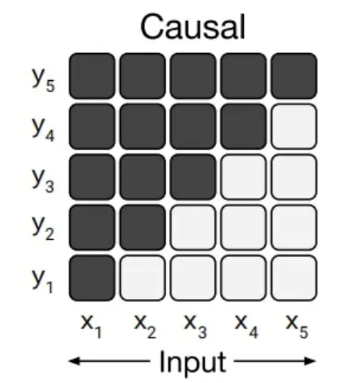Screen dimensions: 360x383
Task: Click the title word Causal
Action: click(x=192, y=26)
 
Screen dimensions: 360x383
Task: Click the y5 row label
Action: click(x=44, y=79)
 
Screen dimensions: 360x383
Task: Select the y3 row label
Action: click(x=44, y=180)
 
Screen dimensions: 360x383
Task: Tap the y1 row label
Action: click(x=42, y=281)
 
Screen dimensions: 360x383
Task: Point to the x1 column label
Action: click(x=91, y=326)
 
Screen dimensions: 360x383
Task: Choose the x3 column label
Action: click(x=196, y=326)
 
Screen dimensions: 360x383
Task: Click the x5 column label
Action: click(x=297, y=326)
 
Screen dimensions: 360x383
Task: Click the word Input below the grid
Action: click(x=192, y=362)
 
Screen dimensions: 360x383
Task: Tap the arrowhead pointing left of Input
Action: click(x=74, y=361)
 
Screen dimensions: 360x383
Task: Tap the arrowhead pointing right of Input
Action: click(x=310, y=361)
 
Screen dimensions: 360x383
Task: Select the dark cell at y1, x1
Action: click(x=92, y=278)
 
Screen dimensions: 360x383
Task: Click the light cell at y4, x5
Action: click(x=294, y=126)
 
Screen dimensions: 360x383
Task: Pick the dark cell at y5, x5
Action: click(x=294, y=76)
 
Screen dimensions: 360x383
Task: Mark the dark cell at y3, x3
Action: click(x=193, y=177)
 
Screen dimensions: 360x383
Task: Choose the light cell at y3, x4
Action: click(x=243, y=177)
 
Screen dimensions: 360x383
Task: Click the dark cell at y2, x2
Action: click(x=143, y=227)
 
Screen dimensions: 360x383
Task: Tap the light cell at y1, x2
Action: click(x=143, y=278)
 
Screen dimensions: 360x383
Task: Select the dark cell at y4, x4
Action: click(x=243, y=126)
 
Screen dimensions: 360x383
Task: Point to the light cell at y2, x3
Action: click(x=193, y=227)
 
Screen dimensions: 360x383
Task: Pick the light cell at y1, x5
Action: click(x=294, y=278)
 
